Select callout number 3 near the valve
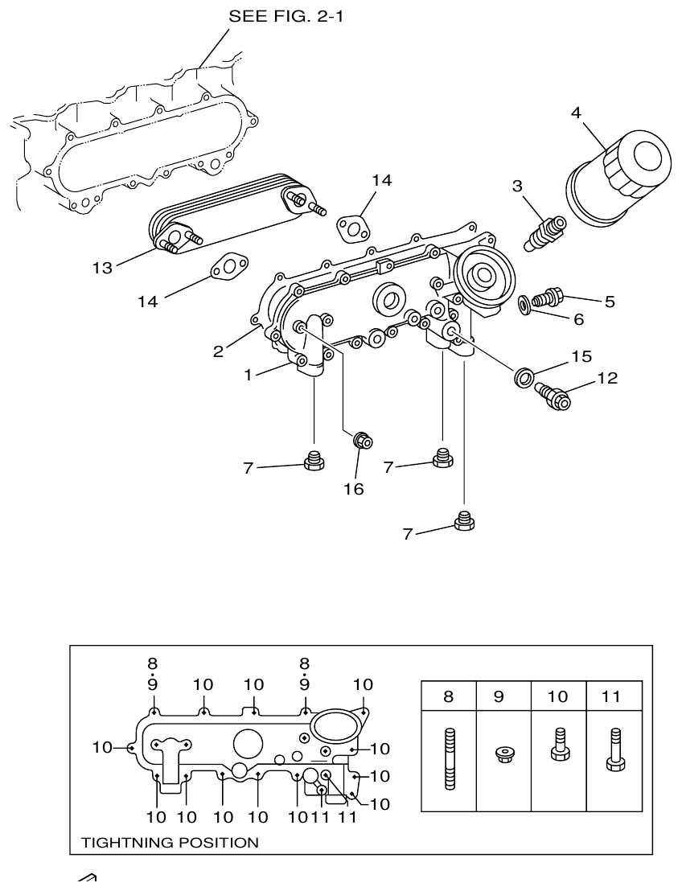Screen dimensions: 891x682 pyautogui.click(x=517, y=186)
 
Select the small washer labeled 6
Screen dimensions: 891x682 pyautogui.click(x=524, y=303)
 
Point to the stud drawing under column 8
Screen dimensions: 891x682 pyautogui.click(x=448, y=758)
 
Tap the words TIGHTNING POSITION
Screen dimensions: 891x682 pyautogui.click(x=170, y=843)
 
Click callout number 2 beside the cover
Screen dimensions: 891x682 pyautogui.click(x=218, y=351)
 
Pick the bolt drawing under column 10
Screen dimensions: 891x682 pyautogui.click(x=557, y=744)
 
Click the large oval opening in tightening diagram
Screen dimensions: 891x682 pyautogui.click(x=331, y=725)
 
